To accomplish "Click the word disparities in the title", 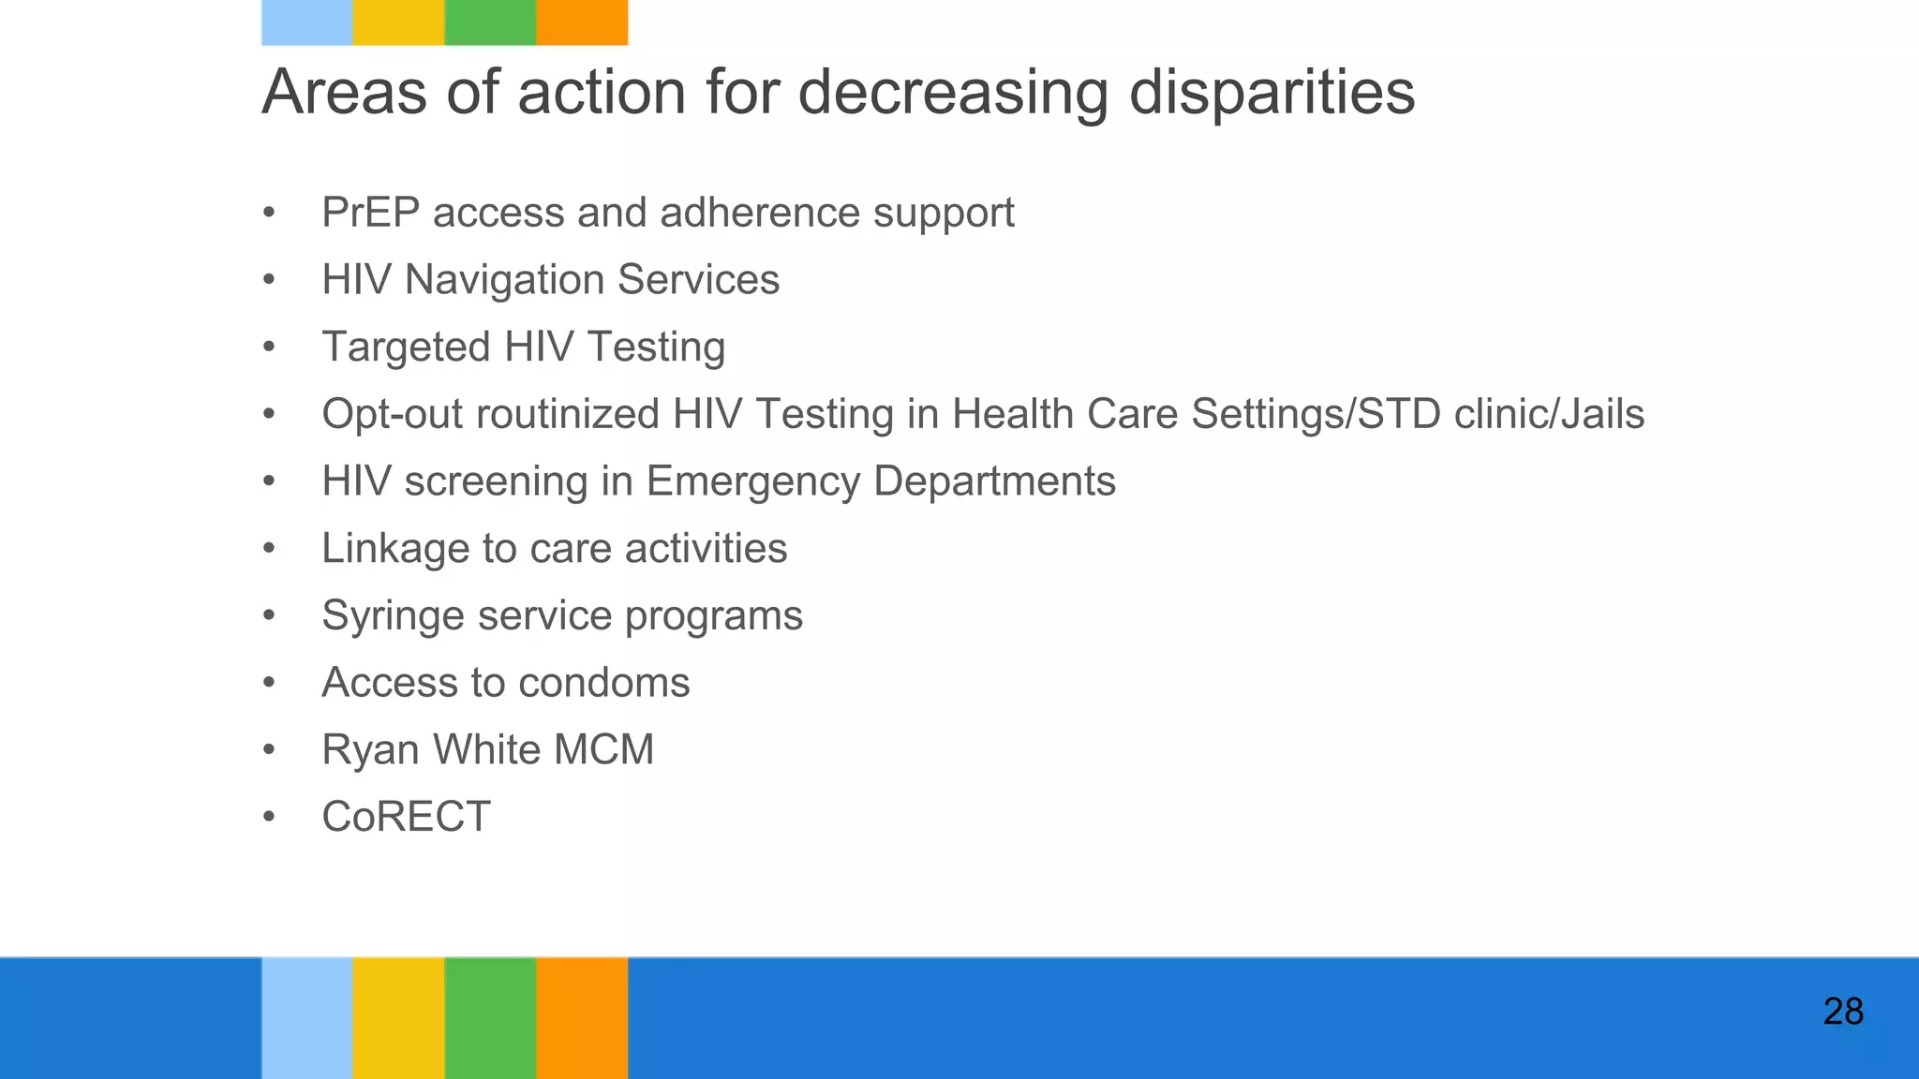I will [x=1272, y=93].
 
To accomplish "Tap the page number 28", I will [x=1842, y=1012].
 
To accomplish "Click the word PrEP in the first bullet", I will [x=370, y=213].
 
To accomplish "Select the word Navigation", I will [x=504, y=281].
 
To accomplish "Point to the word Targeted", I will [x=406, y=347].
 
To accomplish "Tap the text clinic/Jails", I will [x=1549, y=414].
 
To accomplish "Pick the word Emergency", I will [x=752, y=482].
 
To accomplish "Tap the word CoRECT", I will [x=406, y=817].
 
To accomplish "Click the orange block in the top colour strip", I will [x=582, y=22].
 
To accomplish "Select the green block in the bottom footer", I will [x=490, y=1017].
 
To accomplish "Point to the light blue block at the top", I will [x=306, y=22].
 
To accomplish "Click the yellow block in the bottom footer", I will [x=398, y=1017].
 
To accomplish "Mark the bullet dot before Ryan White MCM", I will [x=269, y=750].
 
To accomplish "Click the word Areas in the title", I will [x=344, y=93].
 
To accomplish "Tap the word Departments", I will [x=994, y=482].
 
